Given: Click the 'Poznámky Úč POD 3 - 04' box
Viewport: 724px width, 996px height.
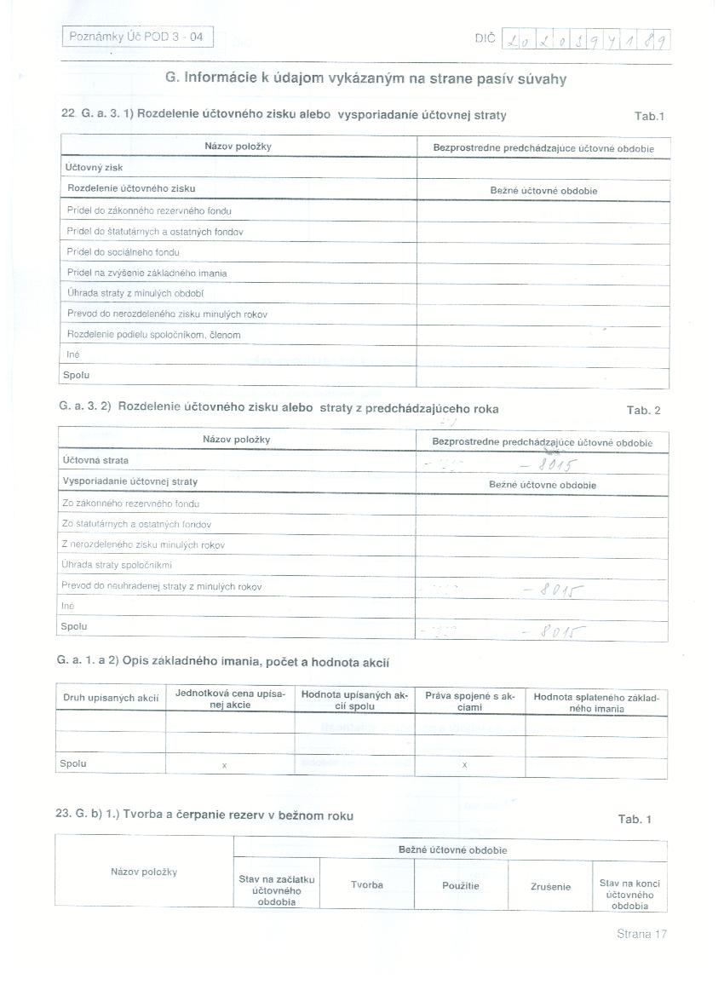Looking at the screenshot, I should pos(136,37).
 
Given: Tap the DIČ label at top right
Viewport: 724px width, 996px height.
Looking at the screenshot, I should pos(484,38).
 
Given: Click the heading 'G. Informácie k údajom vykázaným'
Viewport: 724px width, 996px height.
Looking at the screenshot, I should pos(365,78).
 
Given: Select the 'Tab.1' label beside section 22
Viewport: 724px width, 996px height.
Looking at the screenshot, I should pos(649,116).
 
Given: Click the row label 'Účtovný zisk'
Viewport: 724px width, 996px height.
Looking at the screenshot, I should pos(94,168).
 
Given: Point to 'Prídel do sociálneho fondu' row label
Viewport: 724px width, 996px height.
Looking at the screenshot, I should pos(123,252).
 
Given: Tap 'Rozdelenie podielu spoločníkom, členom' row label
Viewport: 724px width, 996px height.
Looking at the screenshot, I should pos(153,335).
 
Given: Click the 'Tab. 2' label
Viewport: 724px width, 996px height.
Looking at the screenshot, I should pos(644,411).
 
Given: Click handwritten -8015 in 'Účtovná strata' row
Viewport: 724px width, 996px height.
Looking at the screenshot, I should pos(549,465).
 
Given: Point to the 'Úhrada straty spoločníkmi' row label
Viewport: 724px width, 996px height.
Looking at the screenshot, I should pos(117,565).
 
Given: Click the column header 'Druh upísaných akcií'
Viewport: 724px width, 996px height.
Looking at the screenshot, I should pos(111,698).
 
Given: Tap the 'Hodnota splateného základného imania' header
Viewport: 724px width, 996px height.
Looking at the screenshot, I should pos(595,702).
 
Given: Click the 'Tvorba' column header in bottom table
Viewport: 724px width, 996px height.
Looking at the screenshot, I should pos(367,885).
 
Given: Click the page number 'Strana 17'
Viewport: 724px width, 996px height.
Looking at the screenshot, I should pos(641,934).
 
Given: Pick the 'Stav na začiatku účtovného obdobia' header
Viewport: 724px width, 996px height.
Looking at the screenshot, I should pos(276,890).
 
